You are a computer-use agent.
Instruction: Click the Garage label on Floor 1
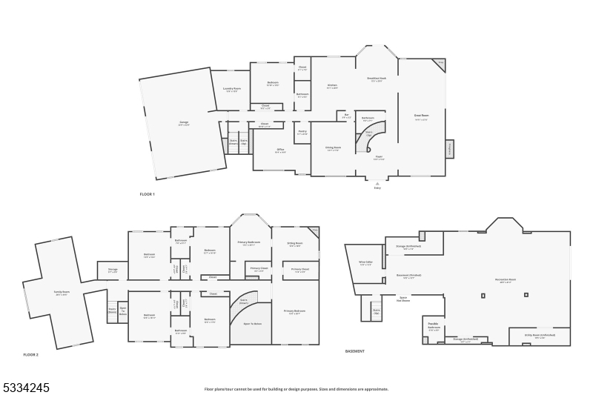[x=184, y=125]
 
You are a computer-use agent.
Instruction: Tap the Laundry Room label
[x=232, y=90]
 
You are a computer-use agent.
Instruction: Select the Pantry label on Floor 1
[x=302, y=132]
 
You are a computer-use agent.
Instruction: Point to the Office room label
[x=281, y=150]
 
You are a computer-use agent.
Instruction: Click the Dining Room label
[x=333, y=148]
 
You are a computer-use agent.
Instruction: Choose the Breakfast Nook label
[x=376, y=79]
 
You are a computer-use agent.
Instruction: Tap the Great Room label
[x=421, y=116]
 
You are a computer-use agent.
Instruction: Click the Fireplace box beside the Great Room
[x=449, y=149]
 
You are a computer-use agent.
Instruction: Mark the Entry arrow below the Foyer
[x=377, y=184]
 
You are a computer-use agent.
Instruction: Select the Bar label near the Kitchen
[x=346, y=116]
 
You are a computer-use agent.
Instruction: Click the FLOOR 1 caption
[x=147, y=194]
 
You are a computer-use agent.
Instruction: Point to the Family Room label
[x=61, y=293]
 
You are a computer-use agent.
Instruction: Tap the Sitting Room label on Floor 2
[x=294, y=244]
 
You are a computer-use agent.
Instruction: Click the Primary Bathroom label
[x=249, y=243]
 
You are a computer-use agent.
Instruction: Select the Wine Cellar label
[x=365, y=263]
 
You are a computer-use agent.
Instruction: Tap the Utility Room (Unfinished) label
[x=540, y=336]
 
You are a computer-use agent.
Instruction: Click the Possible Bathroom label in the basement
[x=434, y=326]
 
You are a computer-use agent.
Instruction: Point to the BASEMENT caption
[x=355, y=351]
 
